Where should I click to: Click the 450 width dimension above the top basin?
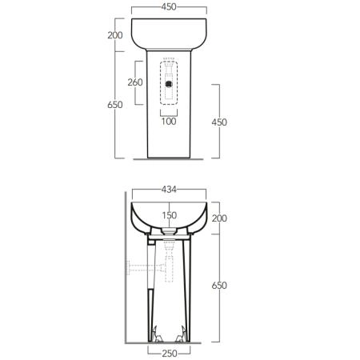169,7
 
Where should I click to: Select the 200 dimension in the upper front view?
115,35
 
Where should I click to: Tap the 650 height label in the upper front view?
115,105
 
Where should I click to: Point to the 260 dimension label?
135,82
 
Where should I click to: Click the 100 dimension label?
169,122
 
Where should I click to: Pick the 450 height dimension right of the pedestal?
219,122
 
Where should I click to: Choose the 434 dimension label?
169,190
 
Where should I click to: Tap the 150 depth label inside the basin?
170,215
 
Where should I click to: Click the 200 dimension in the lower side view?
219,218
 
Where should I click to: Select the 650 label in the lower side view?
219,286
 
